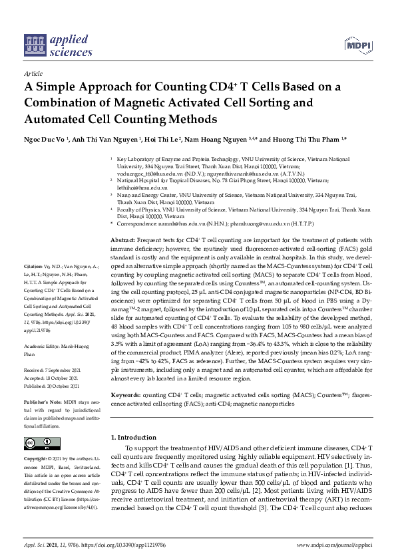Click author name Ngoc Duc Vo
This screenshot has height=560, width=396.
(x=45, y=140)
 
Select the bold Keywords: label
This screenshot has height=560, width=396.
(x=124, y=395)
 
